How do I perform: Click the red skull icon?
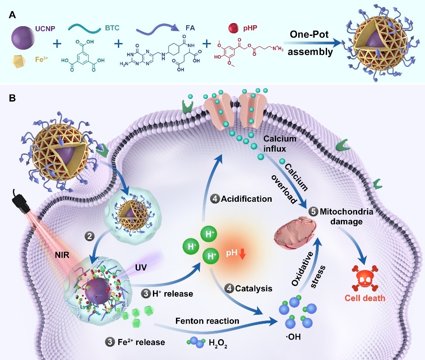363,275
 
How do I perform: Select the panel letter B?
13,96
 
